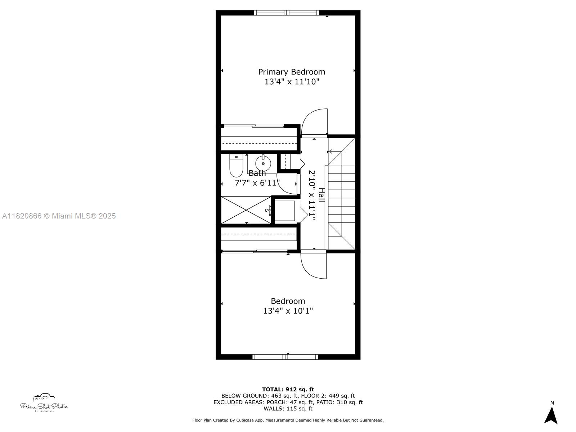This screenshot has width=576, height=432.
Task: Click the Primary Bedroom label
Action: click(x=292, y=72)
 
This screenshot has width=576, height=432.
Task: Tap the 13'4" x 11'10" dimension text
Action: click(x=292, y=82)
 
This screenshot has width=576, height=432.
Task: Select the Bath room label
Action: click(x=257, y=173)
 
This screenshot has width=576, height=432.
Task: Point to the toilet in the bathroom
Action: click(x=236, y=166)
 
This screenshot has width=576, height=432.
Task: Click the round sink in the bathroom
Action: click(x=263, y=163)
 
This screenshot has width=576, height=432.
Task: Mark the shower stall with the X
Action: click(x=246, y=210)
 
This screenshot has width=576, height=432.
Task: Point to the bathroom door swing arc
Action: click(x=282, y=189)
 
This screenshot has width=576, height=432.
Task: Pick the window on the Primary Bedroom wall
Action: click(x=287, y=13)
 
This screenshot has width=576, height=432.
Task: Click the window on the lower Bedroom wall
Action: click(x=285, y=357)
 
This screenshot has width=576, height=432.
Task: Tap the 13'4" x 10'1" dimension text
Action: click(x=288, y=311)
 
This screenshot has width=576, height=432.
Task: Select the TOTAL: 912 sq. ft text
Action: click(x=288, y=389)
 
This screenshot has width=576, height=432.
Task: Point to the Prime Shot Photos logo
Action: click(x=44, y=402)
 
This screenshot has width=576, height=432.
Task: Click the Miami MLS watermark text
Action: click(x=59, y=216)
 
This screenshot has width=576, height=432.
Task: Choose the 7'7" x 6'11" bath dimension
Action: click(x=257, y=183)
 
